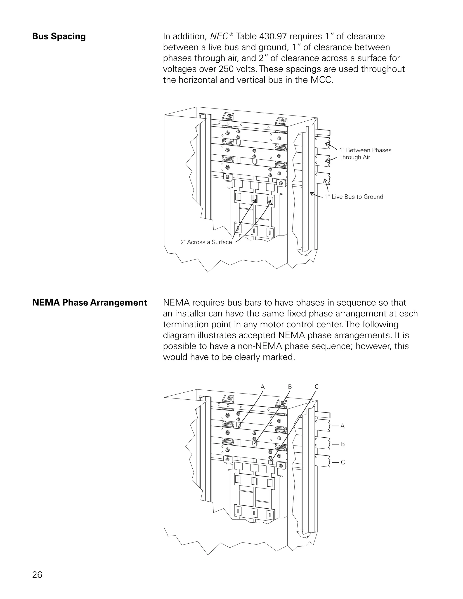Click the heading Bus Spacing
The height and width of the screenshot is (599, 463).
click(59, 36)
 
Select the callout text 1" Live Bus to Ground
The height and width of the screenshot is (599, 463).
click(354, 197)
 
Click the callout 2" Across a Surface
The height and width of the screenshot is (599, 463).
click(206, 242)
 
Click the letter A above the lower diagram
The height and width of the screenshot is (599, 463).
click(262, 387)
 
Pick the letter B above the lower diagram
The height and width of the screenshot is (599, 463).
click(290, 387)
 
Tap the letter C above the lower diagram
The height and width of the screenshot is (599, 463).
click(317, 387)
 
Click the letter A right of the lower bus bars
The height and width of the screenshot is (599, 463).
click(342, 426)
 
